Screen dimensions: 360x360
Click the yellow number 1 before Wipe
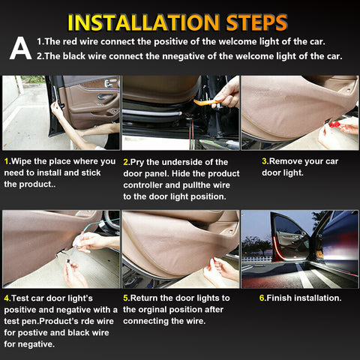pos(6,161)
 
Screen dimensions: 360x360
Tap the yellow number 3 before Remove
pos(264,161)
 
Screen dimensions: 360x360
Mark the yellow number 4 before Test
pos(6,298)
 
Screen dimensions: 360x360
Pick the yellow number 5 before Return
pos(125,298)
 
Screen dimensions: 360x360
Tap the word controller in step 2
pos(147,184)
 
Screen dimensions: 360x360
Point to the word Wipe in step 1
pos(23,161)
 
